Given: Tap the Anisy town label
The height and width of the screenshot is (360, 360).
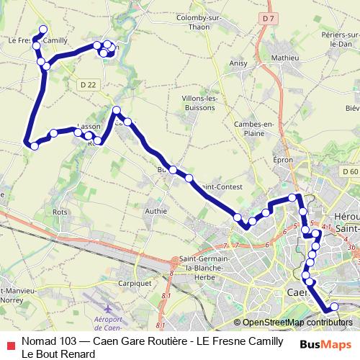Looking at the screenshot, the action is tap(238, 63).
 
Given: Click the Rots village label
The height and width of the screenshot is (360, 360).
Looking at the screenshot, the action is tap(60, 212).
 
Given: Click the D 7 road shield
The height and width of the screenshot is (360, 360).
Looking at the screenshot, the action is tap(269, 37).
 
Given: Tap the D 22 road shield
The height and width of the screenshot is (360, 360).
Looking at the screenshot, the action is tap(89, 85).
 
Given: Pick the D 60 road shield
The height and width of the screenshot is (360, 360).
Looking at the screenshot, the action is tap(351, 172).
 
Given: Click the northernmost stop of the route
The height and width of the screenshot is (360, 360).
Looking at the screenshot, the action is tap(42, 30).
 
